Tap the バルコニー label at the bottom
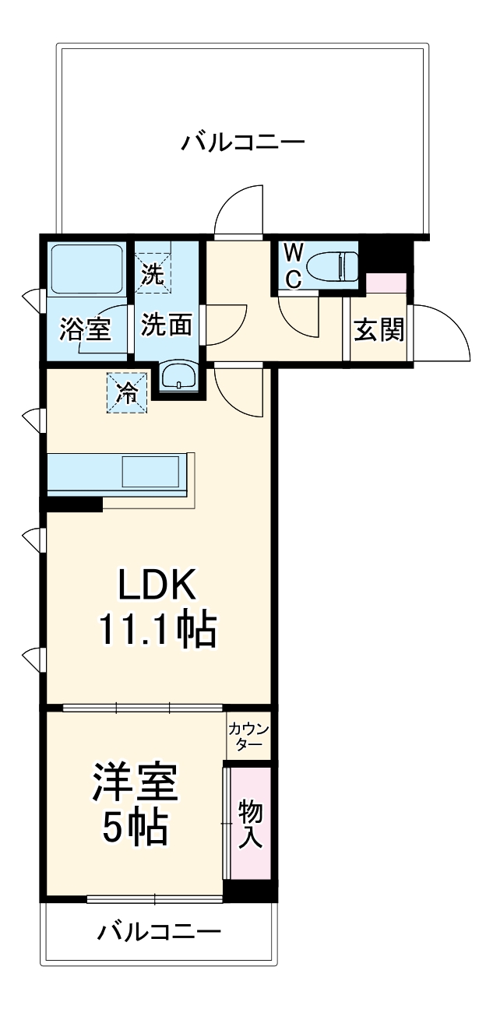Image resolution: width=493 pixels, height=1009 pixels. pos(160,931)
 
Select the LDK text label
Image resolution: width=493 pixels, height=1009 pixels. pos(160,584)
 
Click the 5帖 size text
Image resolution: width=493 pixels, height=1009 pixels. pos(136,830)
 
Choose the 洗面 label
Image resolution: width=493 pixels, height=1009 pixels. pos(166,325)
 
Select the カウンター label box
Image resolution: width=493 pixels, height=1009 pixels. pos(248,736)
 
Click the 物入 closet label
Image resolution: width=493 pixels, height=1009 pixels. pos(250,824)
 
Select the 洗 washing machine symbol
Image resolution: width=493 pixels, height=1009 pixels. pos(153,273)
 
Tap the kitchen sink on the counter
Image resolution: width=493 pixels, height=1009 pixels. pos(151,472)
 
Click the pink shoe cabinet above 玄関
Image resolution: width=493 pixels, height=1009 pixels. pos(386,283)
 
